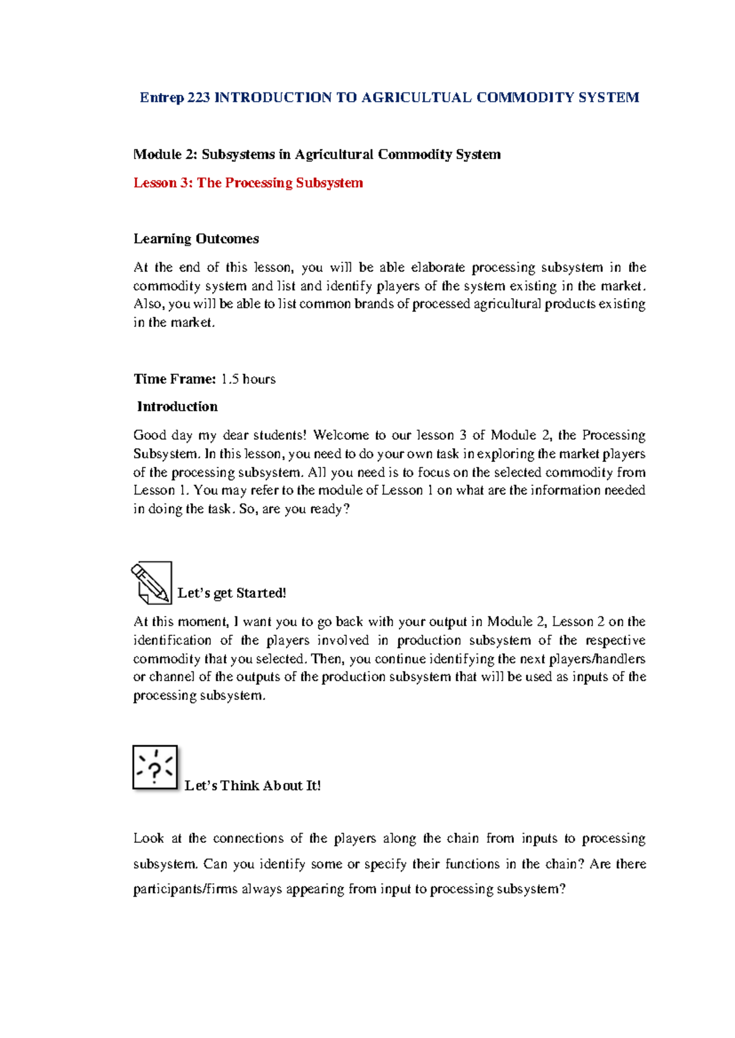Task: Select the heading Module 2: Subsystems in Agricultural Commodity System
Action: pyautogui.click(x=317, y=154)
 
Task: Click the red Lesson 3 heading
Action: pyautogui.click(x=248, y=183)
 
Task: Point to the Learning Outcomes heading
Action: pyautogui.click(x=196, y=239)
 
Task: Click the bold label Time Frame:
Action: pyautogui.click(x=175, y=379)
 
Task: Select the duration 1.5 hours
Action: pyautogui.click(x=248, y=379)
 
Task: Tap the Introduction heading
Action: pyautogui.click(x=177, y=406)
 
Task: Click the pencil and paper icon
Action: pyautogui.click(x=151, y=583)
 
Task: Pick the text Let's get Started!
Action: pyautogui.click(x=232, y=593)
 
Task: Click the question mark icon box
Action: pyautogui.click(x=155, y=767)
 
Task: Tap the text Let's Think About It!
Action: pyautogui.click(x=252, y=786)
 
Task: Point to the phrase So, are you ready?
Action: pyautogui.click(x=294, y=509)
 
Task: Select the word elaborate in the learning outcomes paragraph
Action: pyautogui.click(x=437, y=267)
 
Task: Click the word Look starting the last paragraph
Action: pyautogui.click(x=148, y=838)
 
